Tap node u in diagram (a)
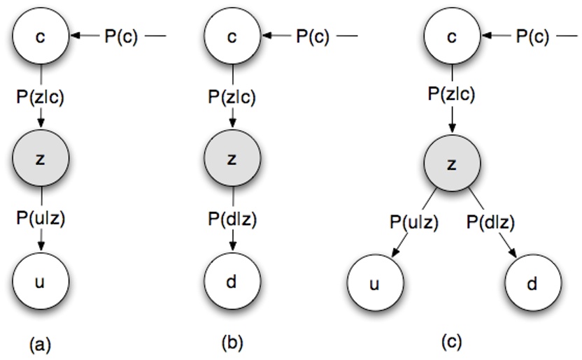tap(40, 282)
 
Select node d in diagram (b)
tap(232, 282)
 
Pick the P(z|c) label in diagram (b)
tap(232, 97)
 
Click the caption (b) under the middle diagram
tap(232, 343)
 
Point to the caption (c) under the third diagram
tap(453, 343)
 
